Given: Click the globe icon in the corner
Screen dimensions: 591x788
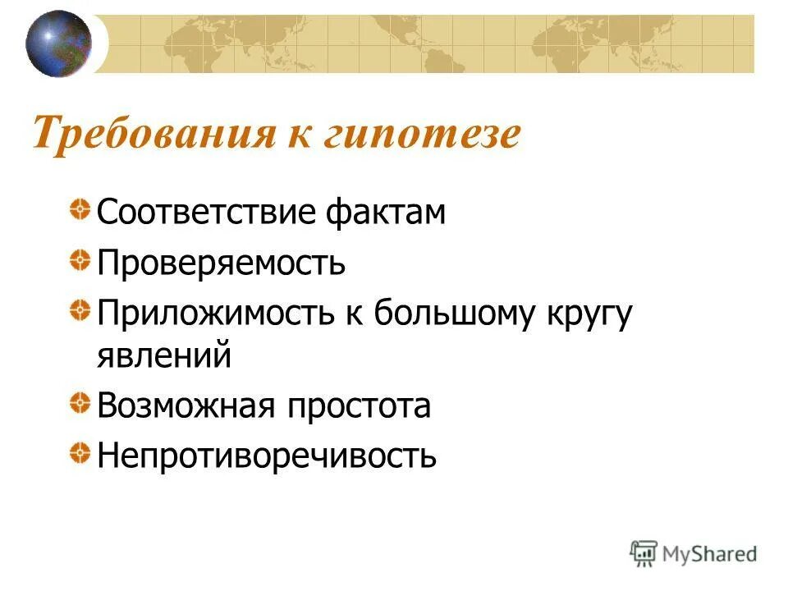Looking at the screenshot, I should pos(58,43).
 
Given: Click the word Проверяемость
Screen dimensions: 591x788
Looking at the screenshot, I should pos(221,264).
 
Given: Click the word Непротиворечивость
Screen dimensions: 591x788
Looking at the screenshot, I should pos(267,456).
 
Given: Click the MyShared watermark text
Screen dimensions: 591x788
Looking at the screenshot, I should pos(710,553).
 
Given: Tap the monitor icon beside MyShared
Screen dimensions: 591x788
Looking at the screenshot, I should pos(644,552).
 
